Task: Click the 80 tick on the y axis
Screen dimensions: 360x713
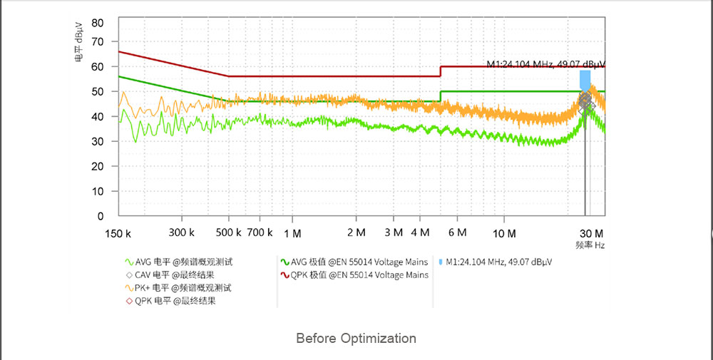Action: point(98,23)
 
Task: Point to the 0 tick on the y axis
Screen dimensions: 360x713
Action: point(101,216)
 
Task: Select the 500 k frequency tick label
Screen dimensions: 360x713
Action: point(228,233)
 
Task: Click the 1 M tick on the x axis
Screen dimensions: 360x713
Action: point(292,233)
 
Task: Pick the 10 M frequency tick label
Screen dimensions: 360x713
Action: point(504,233)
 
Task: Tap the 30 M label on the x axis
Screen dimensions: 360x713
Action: point(591,233)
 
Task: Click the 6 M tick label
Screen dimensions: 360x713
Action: point(457,233)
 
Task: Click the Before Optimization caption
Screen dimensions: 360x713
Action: point(356,338)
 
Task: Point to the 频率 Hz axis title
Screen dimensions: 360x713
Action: point(590,245)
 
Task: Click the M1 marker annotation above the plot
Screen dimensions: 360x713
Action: point(545,64)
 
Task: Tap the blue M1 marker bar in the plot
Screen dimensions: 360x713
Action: point(585,80)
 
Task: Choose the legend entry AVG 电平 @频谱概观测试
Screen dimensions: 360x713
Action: point(184,262)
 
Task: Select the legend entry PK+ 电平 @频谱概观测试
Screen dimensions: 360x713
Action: point(184,288)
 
